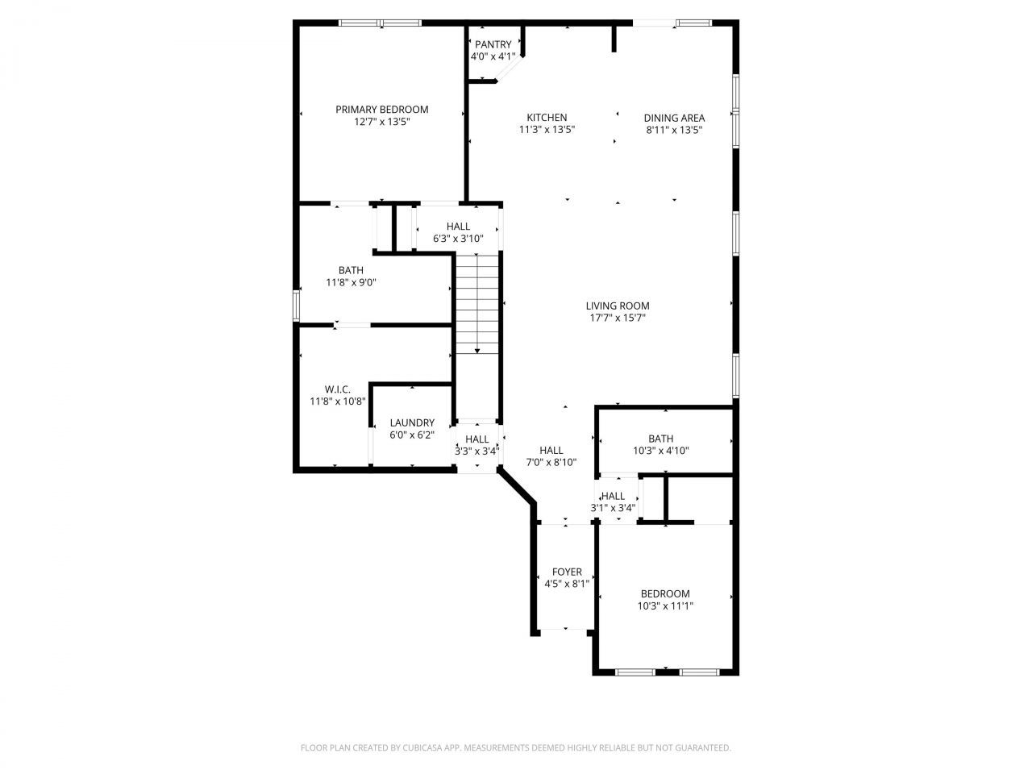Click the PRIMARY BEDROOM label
[x=381, y=110]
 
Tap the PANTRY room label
[x=493, y=44]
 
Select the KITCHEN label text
[x=547, y=118]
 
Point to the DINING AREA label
[x=674, y=118]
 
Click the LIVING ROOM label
[x=617, y=306]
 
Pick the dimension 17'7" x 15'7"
[x=617, y=318]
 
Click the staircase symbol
[x=477, y=303]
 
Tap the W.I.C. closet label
[x=338, y=389]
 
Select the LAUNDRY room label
[x=412, y=422]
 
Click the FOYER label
[x=567, y=572]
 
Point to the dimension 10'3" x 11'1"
[x=665, y=605]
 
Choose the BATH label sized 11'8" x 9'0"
[x=351, y=270]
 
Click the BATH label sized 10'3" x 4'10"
[x=660, y=439]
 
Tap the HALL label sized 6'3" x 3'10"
[x=458, y=227]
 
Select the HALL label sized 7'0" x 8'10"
[x=551, y=451]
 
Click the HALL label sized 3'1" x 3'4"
[x=613, y=496]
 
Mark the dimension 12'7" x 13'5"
[x=381, y=122]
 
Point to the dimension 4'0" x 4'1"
[x=493, y=56]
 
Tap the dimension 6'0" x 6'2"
[x=412, y=435]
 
